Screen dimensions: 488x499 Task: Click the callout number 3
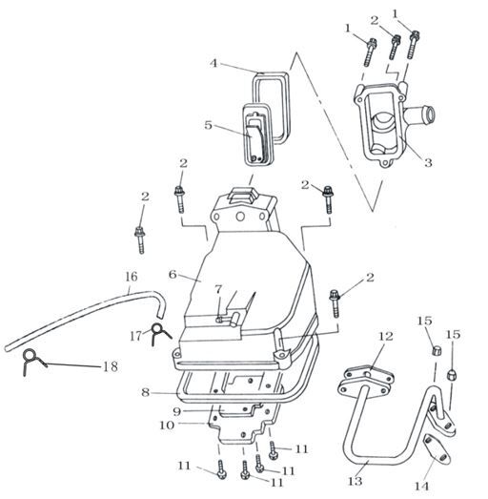coord(428,162)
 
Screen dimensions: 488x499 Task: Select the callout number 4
coord(213,63)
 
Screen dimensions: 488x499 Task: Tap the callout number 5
coord(208,125)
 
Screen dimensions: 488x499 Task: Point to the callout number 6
coord(173,275)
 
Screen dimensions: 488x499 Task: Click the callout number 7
coord(218,289)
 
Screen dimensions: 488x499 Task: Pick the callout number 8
coord(145,392)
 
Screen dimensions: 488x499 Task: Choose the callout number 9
coord(176,411)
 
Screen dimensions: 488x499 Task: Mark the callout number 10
coord(167,425)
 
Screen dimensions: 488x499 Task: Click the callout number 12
coord(386,336)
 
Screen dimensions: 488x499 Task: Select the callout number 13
coord(355,481)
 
